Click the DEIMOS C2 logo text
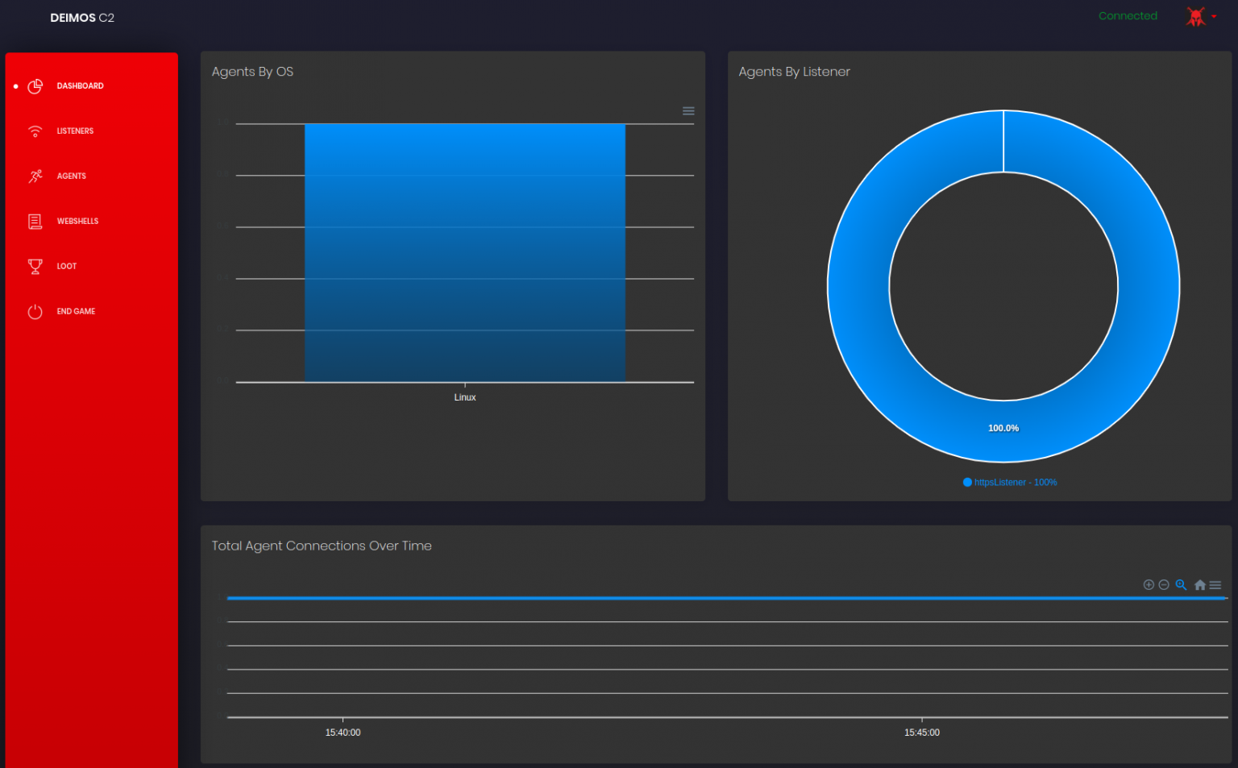pyautogui.click(x=82, y=18)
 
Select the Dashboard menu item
pyautogui.click(x=80, y=86)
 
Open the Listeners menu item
pyautogui.click(x=75, y=131)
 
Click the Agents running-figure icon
pyautogui.click(x=35, y=176)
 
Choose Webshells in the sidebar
pyautogui.click(x=77, y=222)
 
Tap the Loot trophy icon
pyautogui.click(x=35, y=266)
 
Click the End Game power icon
pyautogui.click(x=35, y=311)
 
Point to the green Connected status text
pyautogui.click(x=1128, y=16)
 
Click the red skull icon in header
pyautogui.click(x=1196, y=16)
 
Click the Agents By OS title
pyautogui.click(x=252, y=72)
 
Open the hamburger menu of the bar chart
pyautogui.click(x=688, y=111)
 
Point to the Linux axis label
pyautogui.click(x=465, y=397)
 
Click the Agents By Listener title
pyautogui.click(x=794, y=72)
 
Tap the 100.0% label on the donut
pyautogui.click(x=1003, y=428)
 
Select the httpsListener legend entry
pyautogui.click(x=1011, y=483)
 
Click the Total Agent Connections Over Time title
pyautogui.click(x=322, y=546)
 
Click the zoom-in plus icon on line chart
pyautogui.click(x=1149, y=585)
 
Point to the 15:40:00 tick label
pyautogui.click(x=343, y=733)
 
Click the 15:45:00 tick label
pyautogui.click(x=921, y=733)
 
